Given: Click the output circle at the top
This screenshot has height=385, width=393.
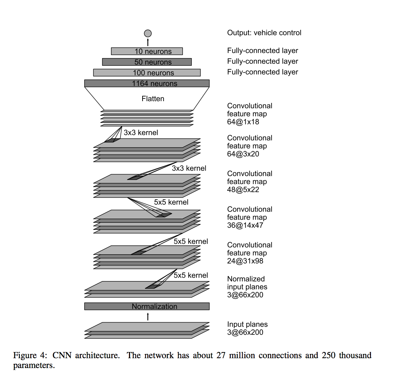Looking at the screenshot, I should [x=148, y=33].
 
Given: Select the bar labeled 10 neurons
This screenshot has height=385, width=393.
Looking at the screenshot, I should [x=147, y=51].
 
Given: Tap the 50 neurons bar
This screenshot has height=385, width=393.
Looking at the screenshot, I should [x=147, y=62].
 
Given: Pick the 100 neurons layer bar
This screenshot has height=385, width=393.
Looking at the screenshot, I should [x=147, y=73].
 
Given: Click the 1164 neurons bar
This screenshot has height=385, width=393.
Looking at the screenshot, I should [x=147, y=84].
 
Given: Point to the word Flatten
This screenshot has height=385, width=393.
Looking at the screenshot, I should [x=153, y=99].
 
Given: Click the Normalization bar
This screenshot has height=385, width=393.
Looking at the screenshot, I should [x=147, y=307].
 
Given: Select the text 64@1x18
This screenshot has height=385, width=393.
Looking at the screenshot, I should [x=243, y=122].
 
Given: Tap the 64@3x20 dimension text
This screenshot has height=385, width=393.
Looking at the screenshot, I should [x=243, y=154].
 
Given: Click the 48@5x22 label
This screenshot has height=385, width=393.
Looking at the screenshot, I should [x=243, y=190].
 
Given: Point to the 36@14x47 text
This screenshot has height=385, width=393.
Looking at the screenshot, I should [x=245, y=225].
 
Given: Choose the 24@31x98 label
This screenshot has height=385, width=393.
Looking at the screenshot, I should [x=245, y=261].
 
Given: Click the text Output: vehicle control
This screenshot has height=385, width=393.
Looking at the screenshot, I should [x=264, y=33].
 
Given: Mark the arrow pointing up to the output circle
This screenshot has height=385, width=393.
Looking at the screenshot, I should [x=148, y=42].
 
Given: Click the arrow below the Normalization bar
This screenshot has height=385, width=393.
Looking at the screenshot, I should [x=148, y=317].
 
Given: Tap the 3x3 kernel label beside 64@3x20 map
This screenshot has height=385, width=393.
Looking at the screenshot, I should [x=141, y=133].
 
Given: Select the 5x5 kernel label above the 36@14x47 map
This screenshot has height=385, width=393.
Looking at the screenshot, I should [x=171, y=202].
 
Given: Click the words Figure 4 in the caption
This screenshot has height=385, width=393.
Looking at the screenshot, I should [x=30, y=355].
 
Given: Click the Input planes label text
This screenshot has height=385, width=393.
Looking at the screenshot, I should [x=247, y=325].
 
